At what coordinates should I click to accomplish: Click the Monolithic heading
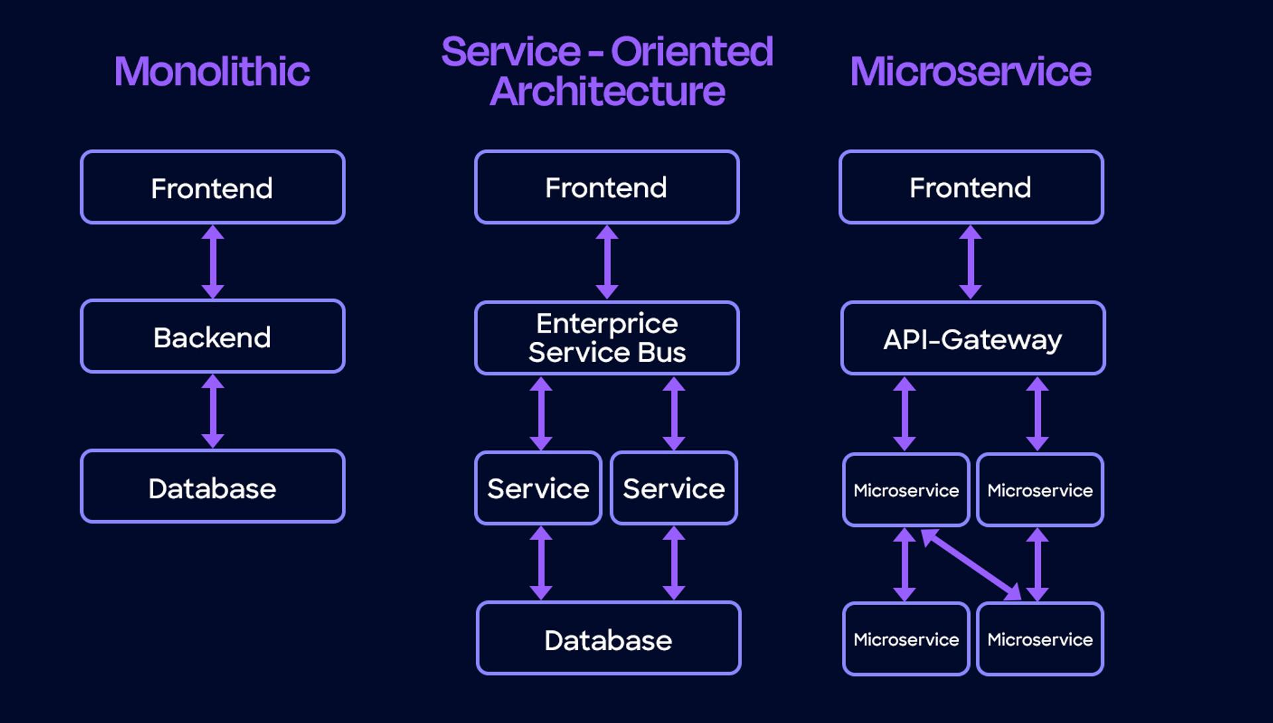(212, 72)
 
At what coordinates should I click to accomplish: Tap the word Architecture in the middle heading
(607, 91)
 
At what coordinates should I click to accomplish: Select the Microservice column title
(970, 72)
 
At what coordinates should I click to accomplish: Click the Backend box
(212, 337)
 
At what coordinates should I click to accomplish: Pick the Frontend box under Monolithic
(212, 188)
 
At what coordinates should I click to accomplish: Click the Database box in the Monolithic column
(212, 487)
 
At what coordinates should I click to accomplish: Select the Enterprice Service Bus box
(607, 338)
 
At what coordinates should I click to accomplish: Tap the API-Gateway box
(972, 339)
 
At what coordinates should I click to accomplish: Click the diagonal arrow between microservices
(971, 564)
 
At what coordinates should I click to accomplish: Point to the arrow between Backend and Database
(213, 411)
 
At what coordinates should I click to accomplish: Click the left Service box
(538, 488)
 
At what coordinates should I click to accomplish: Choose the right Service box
(674, 488)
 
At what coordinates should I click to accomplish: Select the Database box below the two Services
(608, 639)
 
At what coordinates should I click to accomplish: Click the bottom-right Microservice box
(1040, 639)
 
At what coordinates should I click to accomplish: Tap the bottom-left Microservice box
(906, 639)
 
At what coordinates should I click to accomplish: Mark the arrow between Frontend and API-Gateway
(971, 262)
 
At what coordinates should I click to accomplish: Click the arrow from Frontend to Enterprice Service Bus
(607, 262)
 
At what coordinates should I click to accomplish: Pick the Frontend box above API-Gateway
(971, 188)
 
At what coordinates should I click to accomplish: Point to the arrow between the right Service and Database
(674, 563)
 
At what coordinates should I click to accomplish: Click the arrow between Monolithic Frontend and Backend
(213, 262)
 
